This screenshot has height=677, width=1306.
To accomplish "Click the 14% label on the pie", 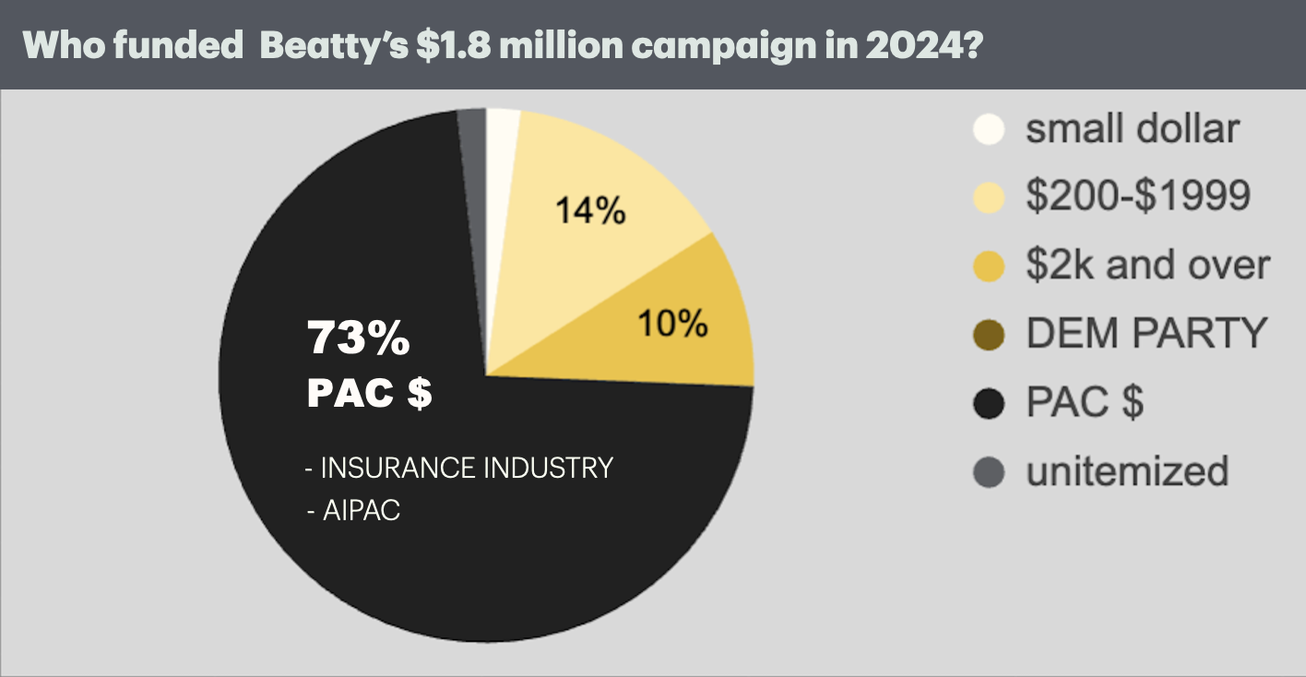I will [590, 211].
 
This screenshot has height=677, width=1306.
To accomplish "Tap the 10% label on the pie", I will [671, 323].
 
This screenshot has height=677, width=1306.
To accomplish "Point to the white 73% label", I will [359, 339].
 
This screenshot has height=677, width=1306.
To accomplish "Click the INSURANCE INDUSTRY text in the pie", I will [460, 468].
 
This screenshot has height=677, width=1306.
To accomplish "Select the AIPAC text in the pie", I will [354, 510].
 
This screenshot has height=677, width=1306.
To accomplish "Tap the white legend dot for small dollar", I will [988, 128].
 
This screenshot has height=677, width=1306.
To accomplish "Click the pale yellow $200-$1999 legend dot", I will [988, 196].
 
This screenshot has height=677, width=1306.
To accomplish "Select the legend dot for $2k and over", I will [988, 266].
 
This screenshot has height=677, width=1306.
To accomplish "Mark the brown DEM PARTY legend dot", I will [988, 334].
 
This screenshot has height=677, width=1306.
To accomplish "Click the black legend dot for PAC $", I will [988, 403].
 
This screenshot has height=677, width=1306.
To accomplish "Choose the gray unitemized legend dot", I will [988, 472].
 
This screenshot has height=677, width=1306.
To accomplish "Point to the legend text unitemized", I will [1127, 471].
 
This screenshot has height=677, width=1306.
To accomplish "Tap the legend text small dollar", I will [1133, 128].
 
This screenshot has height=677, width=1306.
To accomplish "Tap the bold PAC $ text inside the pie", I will [369, 393].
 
